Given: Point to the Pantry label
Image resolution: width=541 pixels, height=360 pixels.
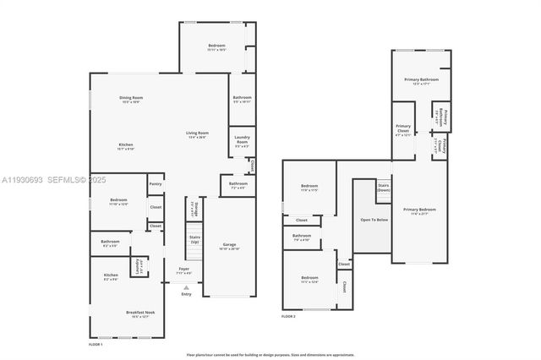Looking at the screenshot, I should tap(155, 183).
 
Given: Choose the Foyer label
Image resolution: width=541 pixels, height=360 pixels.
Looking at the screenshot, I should tap(183, 270).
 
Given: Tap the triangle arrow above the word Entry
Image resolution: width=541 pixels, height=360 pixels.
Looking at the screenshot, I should tap(186, 286).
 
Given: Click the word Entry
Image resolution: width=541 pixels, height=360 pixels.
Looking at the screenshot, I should tap(186, 294).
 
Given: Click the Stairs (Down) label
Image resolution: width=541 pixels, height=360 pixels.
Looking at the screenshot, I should tap(383, 187).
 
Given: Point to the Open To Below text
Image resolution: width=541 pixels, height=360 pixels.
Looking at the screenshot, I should tap(371, 219).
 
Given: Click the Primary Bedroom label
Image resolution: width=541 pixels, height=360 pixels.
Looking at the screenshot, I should tap(419, 211).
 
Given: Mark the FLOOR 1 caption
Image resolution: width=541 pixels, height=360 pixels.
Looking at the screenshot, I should tap(96, 345).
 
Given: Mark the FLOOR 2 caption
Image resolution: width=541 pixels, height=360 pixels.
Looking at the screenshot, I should tap(288, 316).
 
